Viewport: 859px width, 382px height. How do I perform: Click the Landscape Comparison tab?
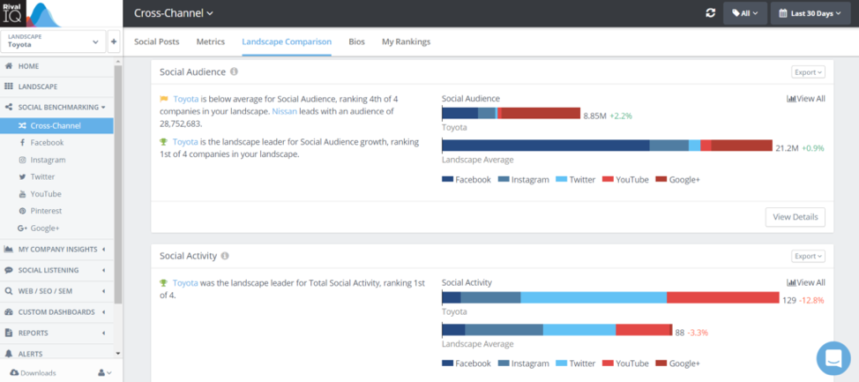coord(287,41)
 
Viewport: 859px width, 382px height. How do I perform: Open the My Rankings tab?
coord(406,41)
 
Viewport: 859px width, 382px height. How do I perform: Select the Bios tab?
coord(356,41)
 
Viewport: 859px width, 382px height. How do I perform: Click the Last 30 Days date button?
coord(810,13)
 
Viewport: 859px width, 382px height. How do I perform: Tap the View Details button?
coord(795,216)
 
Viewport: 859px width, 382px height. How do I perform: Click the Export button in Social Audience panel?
coord(808,72)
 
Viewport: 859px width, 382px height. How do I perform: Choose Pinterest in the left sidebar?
coord(47,211)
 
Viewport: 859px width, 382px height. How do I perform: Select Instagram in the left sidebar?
coord(48,160)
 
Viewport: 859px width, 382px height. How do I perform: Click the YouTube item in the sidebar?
coord(46,194)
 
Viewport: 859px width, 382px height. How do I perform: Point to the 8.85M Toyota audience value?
coord(595,116)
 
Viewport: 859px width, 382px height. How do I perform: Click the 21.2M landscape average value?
coord(787,147)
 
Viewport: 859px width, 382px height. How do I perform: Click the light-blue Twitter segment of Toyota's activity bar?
coord(594,298)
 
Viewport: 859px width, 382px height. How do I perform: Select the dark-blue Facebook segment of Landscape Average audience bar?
coord(545,146)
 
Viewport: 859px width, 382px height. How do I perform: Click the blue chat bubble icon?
coord(833,357)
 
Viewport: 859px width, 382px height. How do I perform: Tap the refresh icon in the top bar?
coord(710,13)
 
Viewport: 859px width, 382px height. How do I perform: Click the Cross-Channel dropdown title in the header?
coord(174,13)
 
